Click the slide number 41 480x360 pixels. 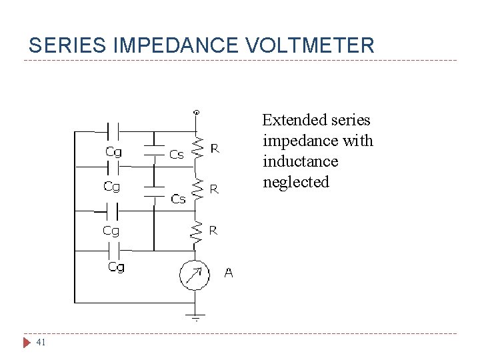click(41, 343)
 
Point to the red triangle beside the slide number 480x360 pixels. click(27, 343)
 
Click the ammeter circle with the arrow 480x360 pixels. click(195, 274)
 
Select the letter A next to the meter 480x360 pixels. click(229, 273)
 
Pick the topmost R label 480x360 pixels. click(215, 148)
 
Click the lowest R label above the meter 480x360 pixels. click(213, 231)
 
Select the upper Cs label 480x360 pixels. click(177, 154)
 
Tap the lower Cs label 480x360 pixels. click(178, 199)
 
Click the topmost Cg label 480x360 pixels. click(114, 151)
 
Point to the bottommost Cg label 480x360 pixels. click(116, 267)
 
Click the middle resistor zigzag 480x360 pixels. click(195, 189)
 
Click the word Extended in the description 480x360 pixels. click(290, 120)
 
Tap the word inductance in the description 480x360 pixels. click(300, 161)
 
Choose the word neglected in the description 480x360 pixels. click(296, 182)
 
